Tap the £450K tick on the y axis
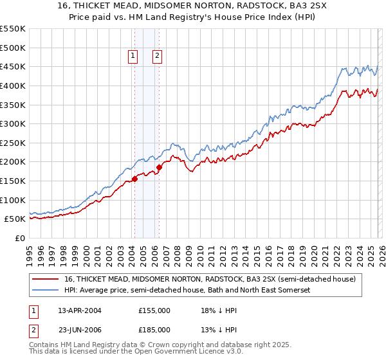pyautogui.click(x=13, y=66)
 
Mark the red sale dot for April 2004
pyautogui.click(x=134, y=179)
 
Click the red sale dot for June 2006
pyautogui.click(x=159, y=167)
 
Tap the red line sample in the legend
pyautogui.click(x=45, y=279)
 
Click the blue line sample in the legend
pyautogui.click(x=45, y=291)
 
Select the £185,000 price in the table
pyautogui.click(x=154, y=330)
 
